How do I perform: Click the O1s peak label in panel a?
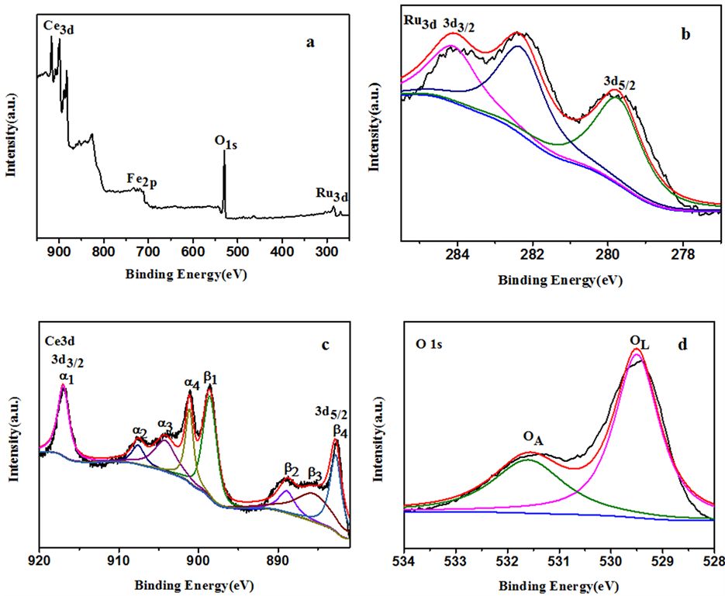coord(226,142)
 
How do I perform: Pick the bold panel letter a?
coord(310,43)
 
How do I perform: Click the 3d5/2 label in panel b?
coord(620,81)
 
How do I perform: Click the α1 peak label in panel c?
coord(64,377)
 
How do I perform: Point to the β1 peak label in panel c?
coord(210,377)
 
